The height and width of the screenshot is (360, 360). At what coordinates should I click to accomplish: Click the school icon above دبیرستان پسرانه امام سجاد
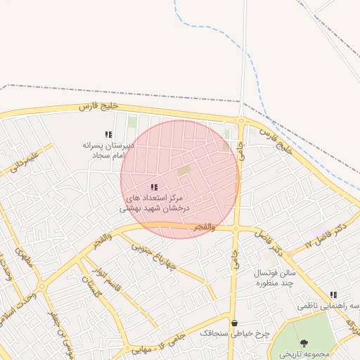click(x=108, y=134)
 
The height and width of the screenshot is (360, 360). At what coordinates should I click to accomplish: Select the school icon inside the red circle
click(x=154, y=187)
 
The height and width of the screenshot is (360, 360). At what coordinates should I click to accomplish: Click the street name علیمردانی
click(x=22, y=160)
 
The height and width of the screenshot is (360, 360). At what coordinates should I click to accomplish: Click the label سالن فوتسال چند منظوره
click(x=276, y=278)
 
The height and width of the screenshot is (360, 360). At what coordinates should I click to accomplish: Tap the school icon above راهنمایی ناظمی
click(x=333, y=295)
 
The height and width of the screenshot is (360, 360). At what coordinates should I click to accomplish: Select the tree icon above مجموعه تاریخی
click(x=304, y=343)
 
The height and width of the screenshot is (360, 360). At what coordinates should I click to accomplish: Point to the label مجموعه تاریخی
click(x=304, y=354)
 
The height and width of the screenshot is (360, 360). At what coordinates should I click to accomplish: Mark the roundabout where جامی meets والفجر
click(x=236, y=229)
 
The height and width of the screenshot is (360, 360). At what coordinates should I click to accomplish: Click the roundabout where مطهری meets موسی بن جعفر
click(x=41, y=287)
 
